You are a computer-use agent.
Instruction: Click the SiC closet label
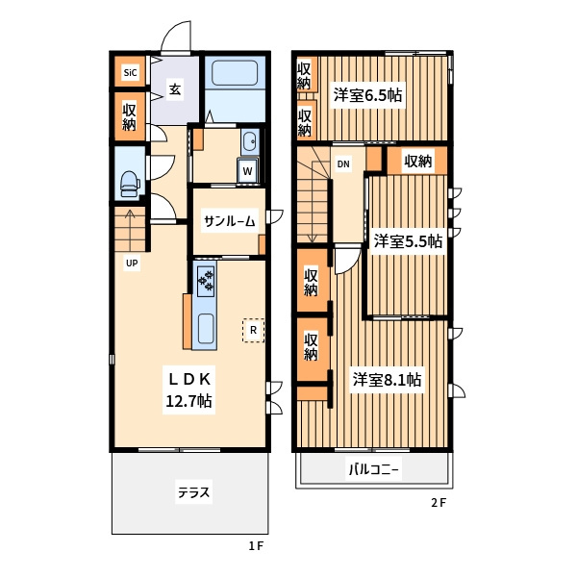pyautogui.click(x=130, y=72)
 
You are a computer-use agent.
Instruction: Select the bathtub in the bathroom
pyautogui.click(x=235, y=73)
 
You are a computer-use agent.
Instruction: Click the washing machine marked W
pyautogui.click(x=248, y=170)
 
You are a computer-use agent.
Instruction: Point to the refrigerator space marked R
pyautogui.click(x=253, y=330)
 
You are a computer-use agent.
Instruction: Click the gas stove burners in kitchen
pyautogui.click(x=206, y=281)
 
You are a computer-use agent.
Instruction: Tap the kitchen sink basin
pyautogui.click(x=206, y=329)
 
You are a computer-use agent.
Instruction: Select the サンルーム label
pyautogui.click(x=229, y=221)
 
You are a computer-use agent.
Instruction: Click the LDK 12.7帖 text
pyautogui.click(x=188, y=389)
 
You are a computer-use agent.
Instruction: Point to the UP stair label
pyautogui.click(x=132, y=263)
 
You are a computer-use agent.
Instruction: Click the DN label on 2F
pyautogui.click(x=343, y=163)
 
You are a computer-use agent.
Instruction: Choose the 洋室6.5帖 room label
pyautogui.click(x=367, y=95)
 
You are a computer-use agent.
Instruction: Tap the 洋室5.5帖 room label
pyautogui.click(x=408, y=241)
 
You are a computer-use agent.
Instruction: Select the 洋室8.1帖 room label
pyautogui.click(x=387, y=380)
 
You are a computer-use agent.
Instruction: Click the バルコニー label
pyautogui.click(x=373, y=469)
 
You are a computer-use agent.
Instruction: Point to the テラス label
pyautogui.click(x=193, y=492)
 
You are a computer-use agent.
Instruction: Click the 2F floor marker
pyautogui.click(x=439, y=503)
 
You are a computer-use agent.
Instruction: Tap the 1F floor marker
pyautogui.click(x=256, y=545)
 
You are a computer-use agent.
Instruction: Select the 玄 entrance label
pyautogui.click(x=175, y=89)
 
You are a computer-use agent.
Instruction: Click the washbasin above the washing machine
pyautogui.click(x=250, y=141)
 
